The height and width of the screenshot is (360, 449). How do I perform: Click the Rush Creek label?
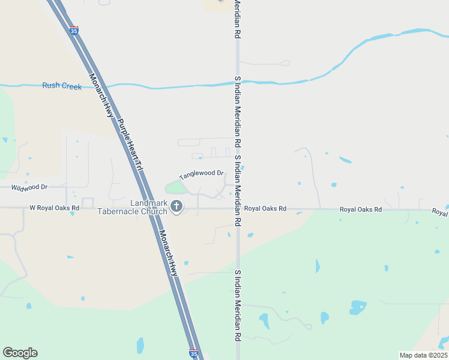[x=62, y=86]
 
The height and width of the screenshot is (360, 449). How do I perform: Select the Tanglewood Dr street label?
[x=201, y=176]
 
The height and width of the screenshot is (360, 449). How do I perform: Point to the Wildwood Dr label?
[x=29, y=187]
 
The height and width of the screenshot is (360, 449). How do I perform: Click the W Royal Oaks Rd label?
[x=55, y=208]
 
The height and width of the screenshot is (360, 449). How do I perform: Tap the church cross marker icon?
[x=176, y=206]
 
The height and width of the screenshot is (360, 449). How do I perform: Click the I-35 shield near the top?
[x=74, y=29]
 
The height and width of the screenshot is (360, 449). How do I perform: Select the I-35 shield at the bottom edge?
[x=193, y=353]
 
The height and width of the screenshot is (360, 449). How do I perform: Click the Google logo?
[x=20, y=353]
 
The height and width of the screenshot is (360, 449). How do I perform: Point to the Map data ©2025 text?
[x=423, y=355]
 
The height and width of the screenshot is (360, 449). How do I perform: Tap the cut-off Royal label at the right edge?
[x=439, y=212]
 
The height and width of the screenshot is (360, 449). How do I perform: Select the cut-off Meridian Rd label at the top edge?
[x=238, y=18]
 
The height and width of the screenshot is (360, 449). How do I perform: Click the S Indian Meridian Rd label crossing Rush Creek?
[x=238, y=112]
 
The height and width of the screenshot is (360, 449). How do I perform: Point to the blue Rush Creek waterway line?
[x=180, y=86]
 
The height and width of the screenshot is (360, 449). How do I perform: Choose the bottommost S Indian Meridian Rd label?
[x=238, y=306]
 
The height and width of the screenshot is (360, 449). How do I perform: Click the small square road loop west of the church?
[x=88, y=203]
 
